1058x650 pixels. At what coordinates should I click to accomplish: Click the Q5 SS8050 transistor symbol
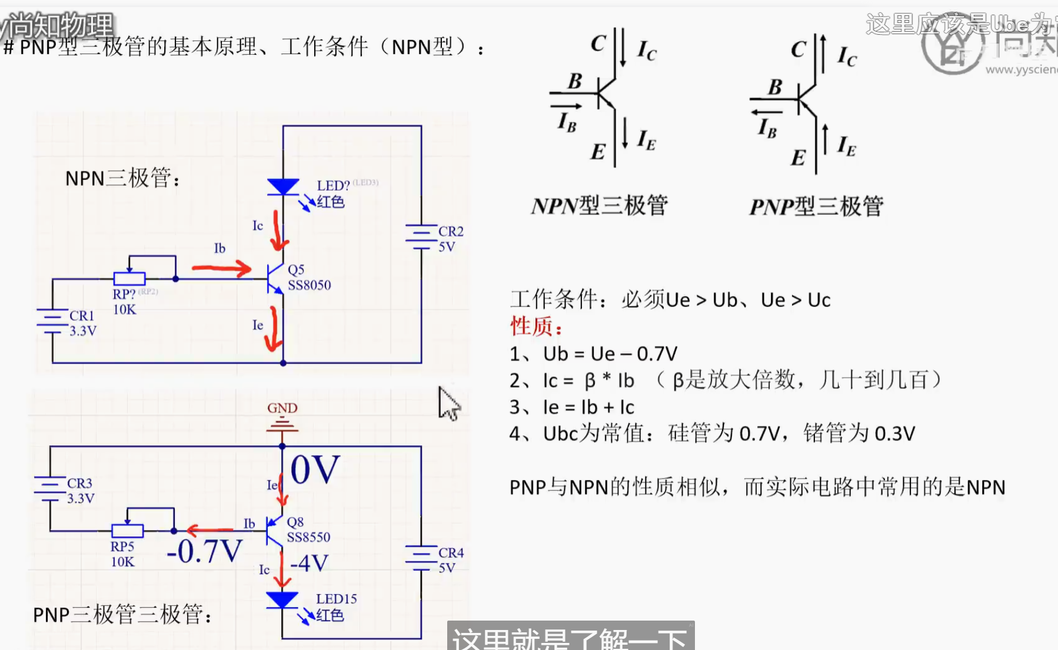[275, 278]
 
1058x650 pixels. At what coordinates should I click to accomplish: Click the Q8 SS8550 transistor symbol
[274, 531]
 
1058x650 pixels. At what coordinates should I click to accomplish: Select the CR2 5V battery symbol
[421, 236]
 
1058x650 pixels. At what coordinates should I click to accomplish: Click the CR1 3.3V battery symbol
[52, 321]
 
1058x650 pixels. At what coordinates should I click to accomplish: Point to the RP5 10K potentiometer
[128, 531]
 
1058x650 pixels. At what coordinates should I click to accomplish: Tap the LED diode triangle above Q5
[283, 186]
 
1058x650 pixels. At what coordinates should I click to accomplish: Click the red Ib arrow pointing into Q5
[222, 269]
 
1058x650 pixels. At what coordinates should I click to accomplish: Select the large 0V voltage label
[315, 469]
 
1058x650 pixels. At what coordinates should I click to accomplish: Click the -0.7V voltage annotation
[204, 551]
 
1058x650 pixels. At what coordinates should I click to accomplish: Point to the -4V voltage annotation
[309, 564]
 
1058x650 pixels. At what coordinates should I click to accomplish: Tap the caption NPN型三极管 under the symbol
[599, 206]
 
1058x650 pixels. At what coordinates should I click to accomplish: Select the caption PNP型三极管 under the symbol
[816, 206]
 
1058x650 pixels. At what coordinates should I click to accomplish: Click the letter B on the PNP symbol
[775, 88]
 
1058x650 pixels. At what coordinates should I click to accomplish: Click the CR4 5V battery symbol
[421, 558]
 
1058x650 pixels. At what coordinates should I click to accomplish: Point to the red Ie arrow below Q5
[272, 329]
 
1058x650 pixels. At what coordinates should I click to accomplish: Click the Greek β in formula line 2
[590, 381]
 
